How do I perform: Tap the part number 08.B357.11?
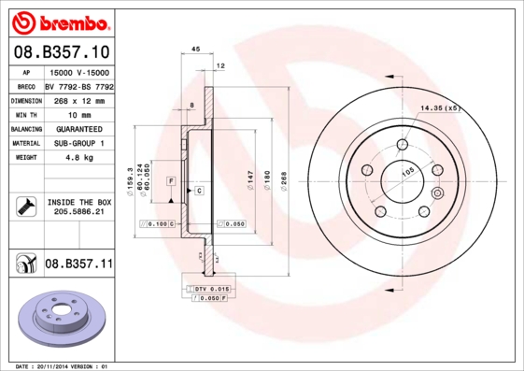pyautogui.click(x=78, y=265)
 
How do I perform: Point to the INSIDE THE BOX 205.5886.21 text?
pyautogui.click(x=78, y=207)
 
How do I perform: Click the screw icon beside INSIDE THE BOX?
pyautogui.click(x=25, y=207)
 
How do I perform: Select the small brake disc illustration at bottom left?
pyautogui.click(x=60, y=321)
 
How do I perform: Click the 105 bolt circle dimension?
pyautogui.click(x=407, y=172)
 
